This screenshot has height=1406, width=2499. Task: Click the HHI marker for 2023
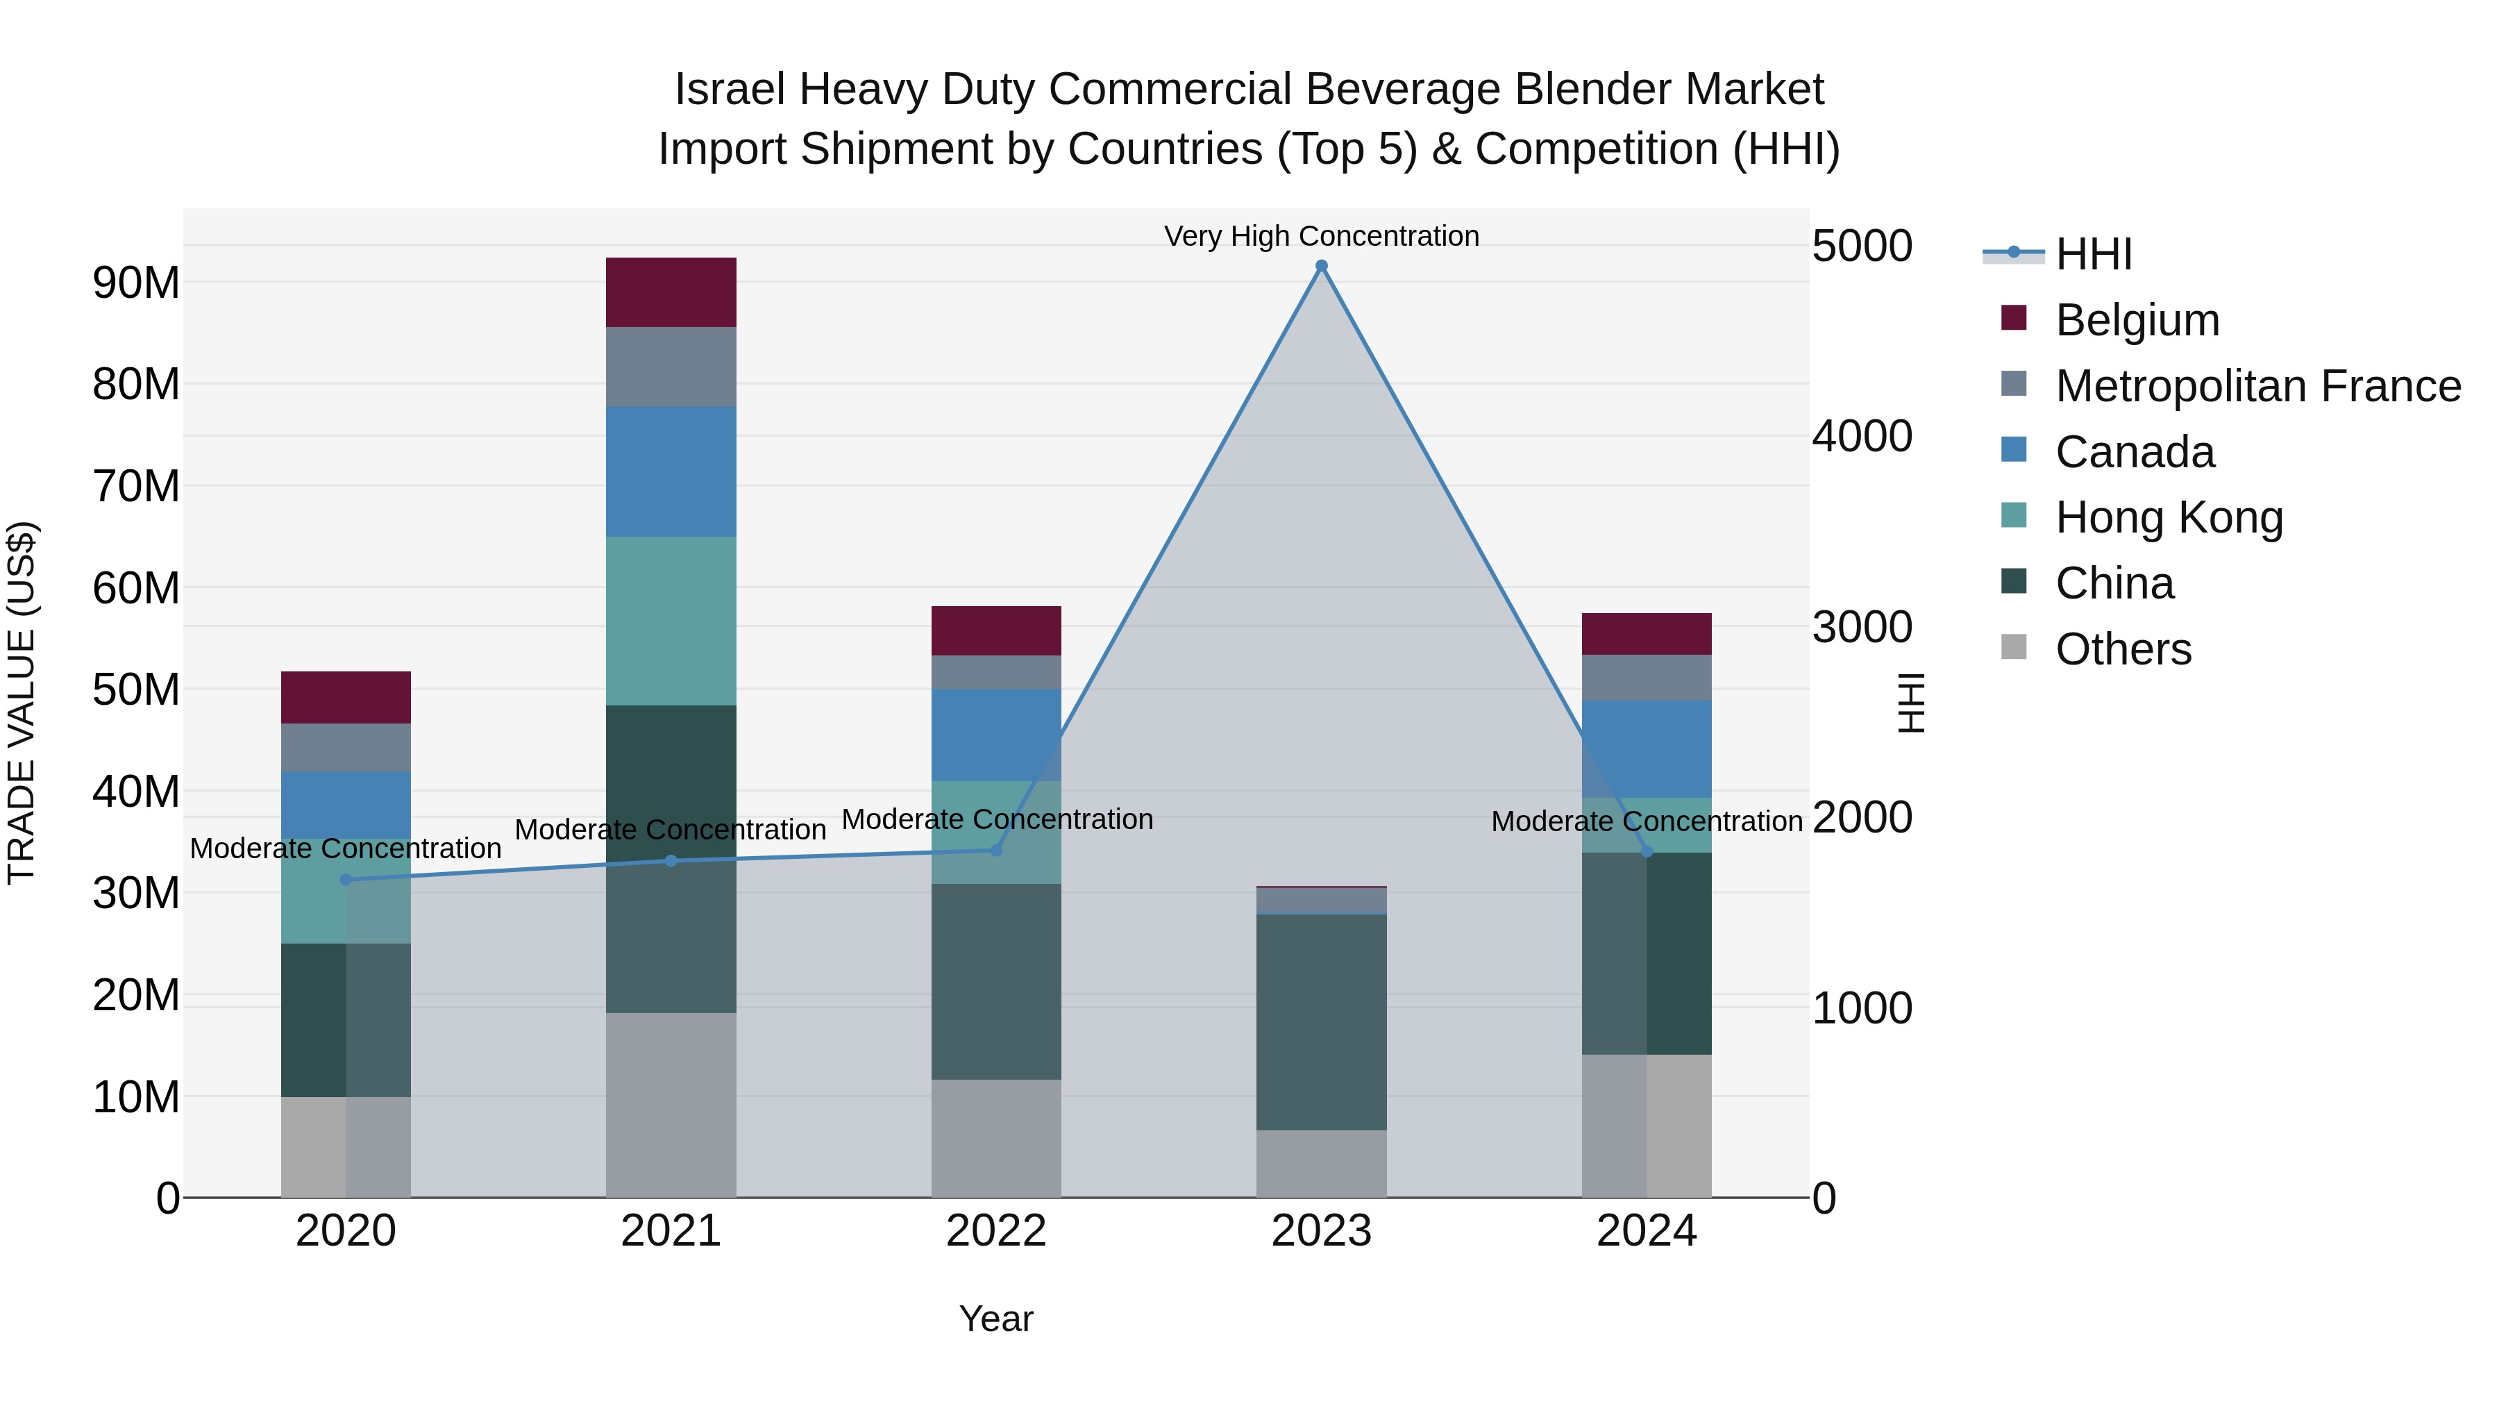point(1321,266)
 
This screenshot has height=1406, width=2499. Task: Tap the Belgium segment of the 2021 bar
point(671,292)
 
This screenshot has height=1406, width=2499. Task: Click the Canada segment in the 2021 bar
point(671,471)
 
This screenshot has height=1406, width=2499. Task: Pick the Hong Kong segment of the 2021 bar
point(671,621)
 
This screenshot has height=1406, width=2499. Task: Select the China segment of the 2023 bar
point(1321,1022)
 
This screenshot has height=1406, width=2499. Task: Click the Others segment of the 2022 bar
point(996,1138)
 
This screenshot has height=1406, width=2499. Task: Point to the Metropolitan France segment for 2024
point(1647,677)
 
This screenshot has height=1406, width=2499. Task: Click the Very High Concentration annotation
point(1321,236)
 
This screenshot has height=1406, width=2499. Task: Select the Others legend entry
point(2123,649)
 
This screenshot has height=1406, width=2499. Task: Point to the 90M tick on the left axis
point(136,283)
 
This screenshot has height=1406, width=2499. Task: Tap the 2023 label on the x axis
point(1321,1231)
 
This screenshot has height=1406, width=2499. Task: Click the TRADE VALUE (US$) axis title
point(22,703)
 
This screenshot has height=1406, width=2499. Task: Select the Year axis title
point(996,1319)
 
